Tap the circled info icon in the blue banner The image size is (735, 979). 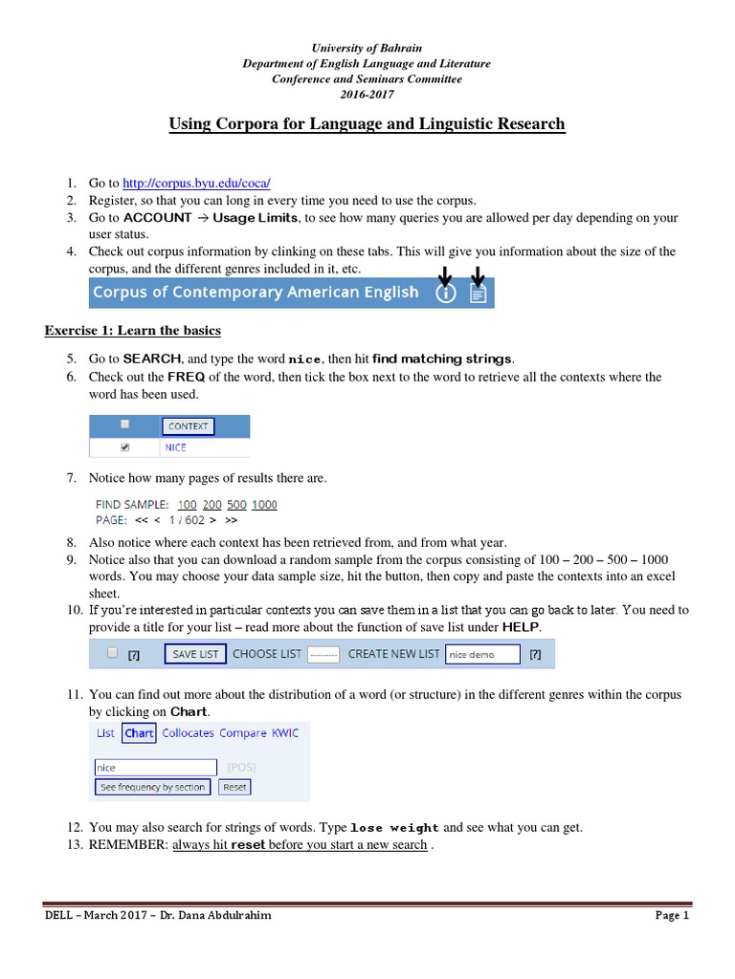tap(445, 294)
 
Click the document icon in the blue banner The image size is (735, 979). tap(479, 294)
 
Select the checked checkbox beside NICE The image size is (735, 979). tap(124, 447)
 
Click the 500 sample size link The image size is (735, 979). tap(236, 505)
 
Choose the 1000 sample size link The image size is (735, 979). tap(264, 505)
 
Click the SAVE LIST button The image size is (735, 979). tap(195, 654)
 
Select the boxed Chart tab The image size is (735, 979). tap(139, 733)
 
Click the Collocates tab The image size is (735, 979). tap(188, 733)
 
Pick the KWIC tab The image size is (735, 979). tap(285, 733)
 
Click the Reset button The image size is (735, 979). tap(234, 787)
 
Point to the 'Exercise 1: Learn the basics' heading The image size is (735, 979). tap(133, 331)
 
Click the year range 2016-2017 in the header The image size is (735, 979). tap(367, 95)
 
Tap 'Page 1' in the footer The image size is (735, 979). tap(672, 915)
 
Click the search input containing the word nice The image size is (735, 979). tap(155, 767)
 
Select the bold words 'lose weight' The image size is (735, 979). tap(395, 828)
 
